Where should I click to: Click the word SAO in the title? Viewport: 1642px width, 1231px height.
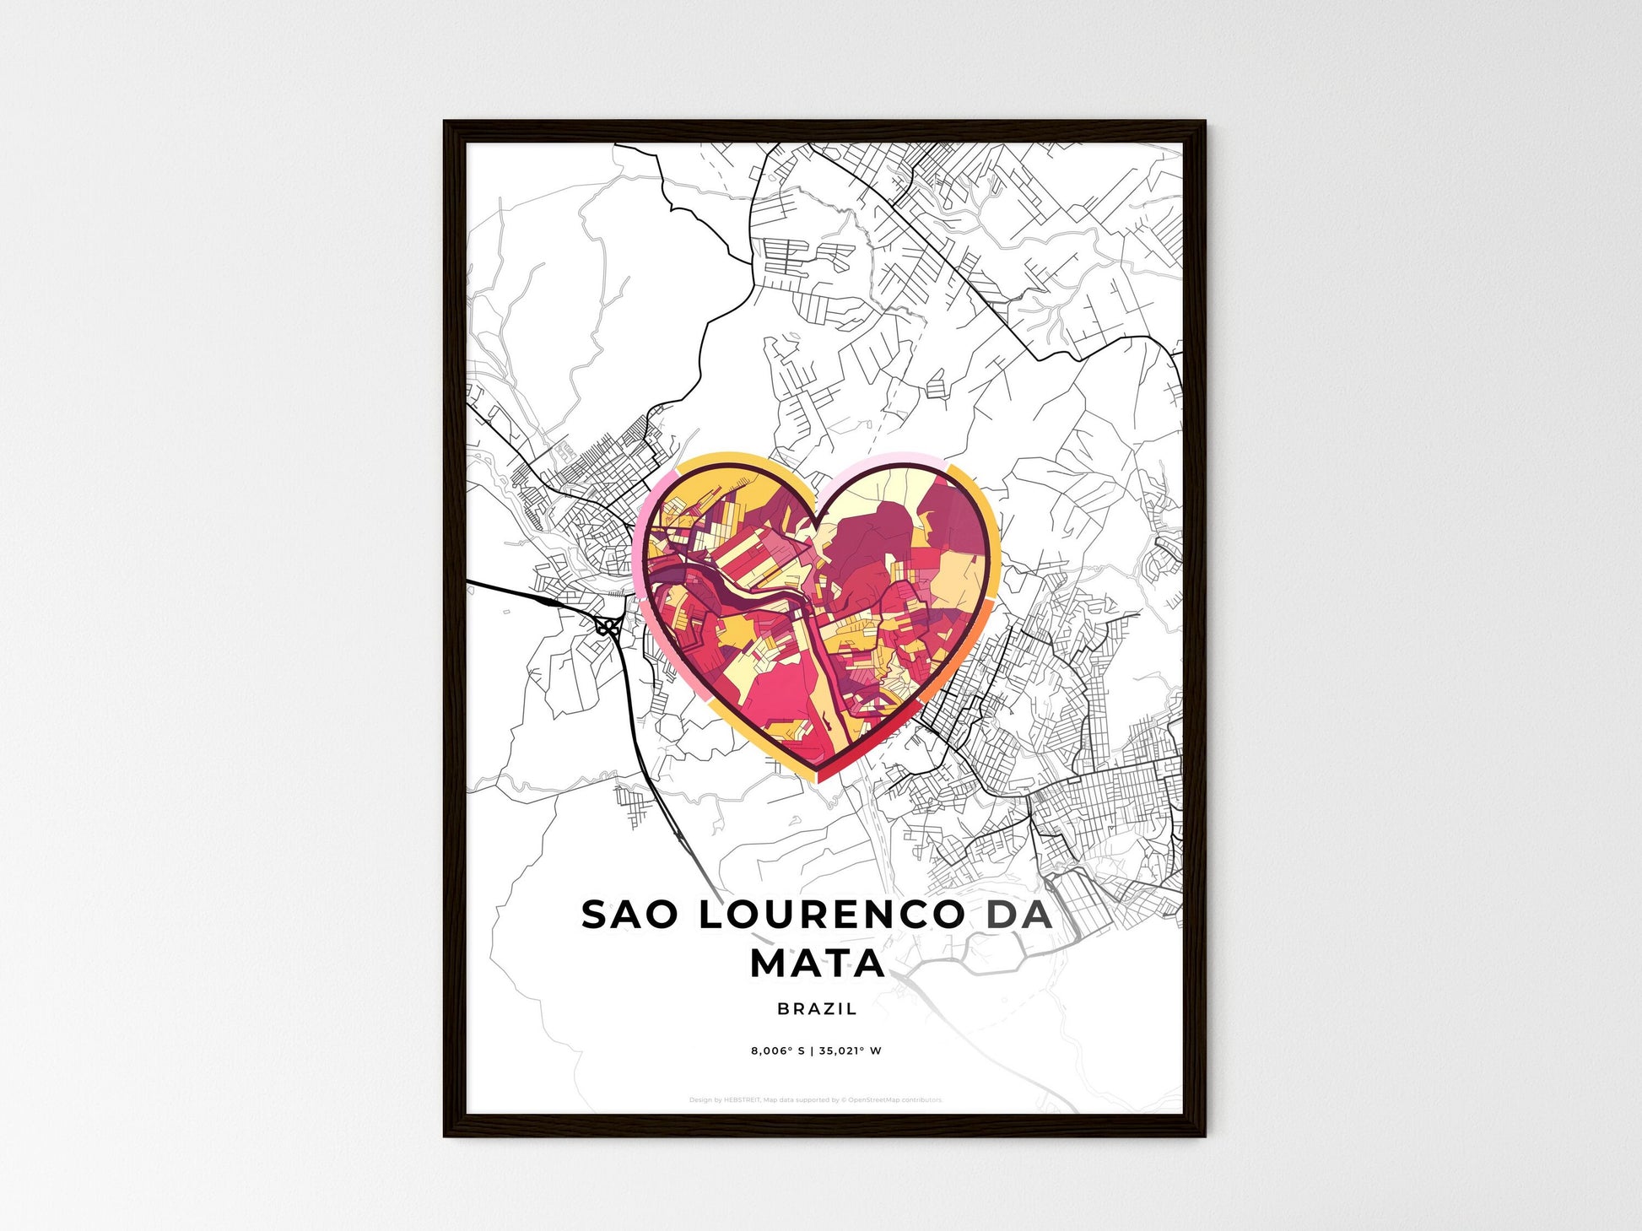(629, 915)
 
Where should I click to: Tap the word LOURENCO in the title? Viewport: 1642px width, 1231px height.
(831, 915)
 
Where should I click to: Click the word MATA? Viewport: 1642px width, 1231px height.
(818, 964)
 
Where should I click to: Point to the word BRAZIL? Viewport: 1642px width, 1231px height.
(817, 1008)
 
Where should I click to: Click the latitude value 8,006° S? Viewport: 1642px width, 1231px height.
(777, 1051)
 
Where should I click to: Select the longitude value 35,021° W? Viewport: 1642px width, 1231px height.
(850, 1051)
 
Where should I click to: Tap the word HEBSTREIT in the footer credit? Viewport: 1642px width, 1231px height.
(742, 1100)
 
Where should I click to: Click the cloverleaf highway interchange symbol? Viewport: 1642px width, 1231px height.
(607, 626)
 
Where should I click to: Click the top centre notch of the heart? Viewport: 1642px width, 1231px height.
(817, 512)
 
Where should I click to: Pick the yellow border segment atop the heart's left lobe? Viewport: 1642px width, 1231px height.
(726, 460)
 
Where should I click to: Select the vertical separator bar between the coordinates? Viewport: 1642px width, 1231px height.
(812, 1051)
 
